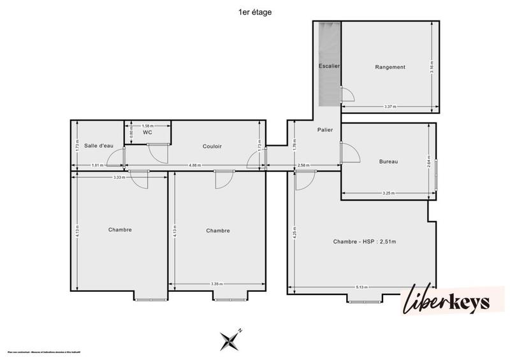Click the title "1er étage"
254,11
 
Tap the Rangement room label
390,67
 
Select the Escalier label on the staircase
329,66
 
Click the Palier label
325,130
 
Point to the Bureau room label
388,162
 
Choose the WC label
147,133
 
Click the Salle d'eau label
98,146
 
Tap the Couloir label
212,146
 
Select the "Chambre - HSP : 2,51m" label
365,241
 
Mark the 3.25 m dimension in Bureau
388,193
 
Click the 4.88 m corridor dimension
195,166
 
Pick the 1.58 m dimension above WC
147,126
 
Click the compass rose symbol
229,340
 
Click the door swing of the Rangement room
348,95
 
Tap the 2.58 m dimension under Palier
303,166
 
